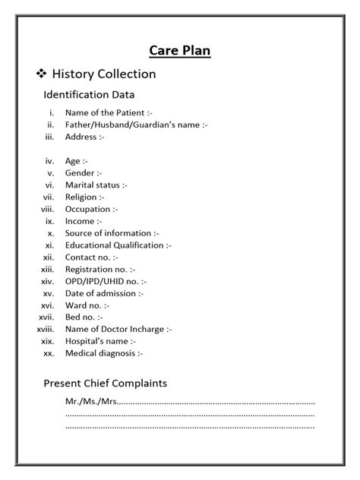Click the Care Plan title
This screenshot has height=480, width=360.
(x=179, y=51)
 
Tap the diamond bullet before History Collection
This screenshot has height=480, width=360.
(x=41, y=74)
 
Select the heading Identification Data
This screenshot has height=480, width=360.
(x=89, y=95)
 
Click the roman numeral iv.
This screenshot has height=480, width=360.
(x=50, y=161)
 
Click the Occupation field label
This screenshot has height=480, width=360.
(x=90, y=209)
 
